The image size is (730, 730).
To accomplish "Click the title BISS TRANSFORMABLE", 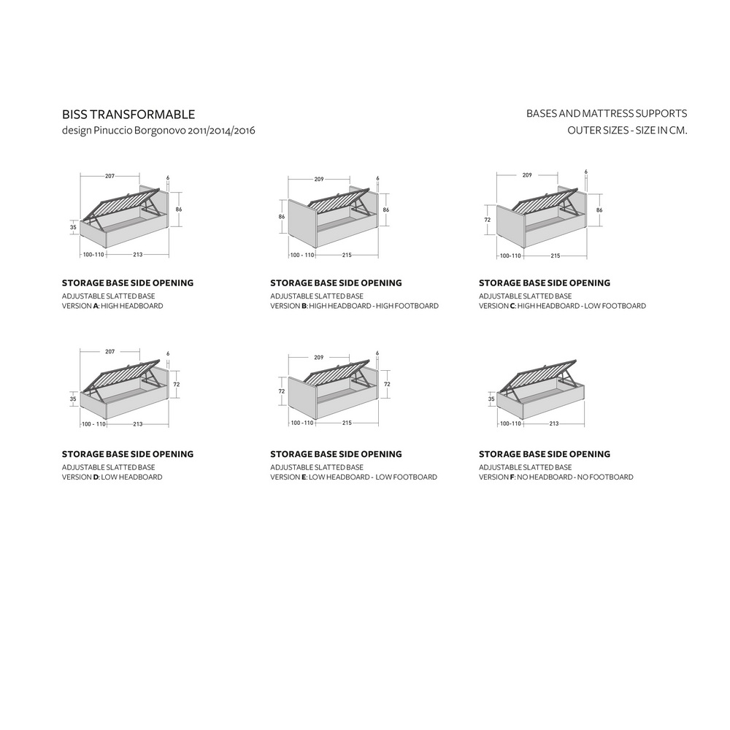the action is click(x=128, y=115).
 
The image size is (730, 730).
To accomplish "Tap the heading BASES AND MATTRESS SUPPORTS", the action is click(x=607, y=114).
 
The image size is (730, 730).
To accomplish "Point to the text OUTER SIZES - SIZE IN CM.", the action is click(x=627, y=131).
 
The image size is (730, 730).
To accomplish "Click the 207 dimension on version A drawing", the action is click(x=109, y=176).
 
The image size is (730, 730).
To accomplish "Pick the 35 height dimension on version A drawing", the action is click(x=73, y=227).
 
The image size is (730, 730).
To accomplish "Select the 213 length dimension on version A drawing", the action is click(x=138, y=255).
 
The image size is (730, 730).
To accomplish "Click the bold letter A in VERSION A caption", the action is click(x=96, y=306).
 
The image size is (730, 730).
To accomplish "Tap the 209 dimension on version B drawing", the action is click(x=319, y=179).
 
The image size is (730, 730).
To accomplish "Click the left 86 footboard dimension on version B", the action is click(x=282, y=217).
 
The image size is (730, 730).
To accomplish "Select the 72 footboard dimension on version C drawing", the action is click(x=488, y=220).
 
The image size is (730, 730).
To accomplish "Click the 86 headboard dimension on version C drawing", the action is click(x=599, y=210).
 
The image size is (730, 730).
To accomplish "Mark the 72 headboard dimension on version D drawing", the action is click(x=177, y=385).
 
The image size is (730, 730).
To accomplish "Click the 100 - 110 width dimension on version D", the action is click(x=94, y=424).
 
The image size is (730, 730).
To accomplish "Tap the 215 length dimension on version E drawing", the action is click(x=347, y=423).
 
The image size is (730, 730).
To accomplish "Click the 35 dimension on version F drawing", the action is click(x=491, y=399).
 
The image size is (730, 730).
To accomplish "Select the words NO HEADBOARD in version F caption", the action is click(x=545, y=477).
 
